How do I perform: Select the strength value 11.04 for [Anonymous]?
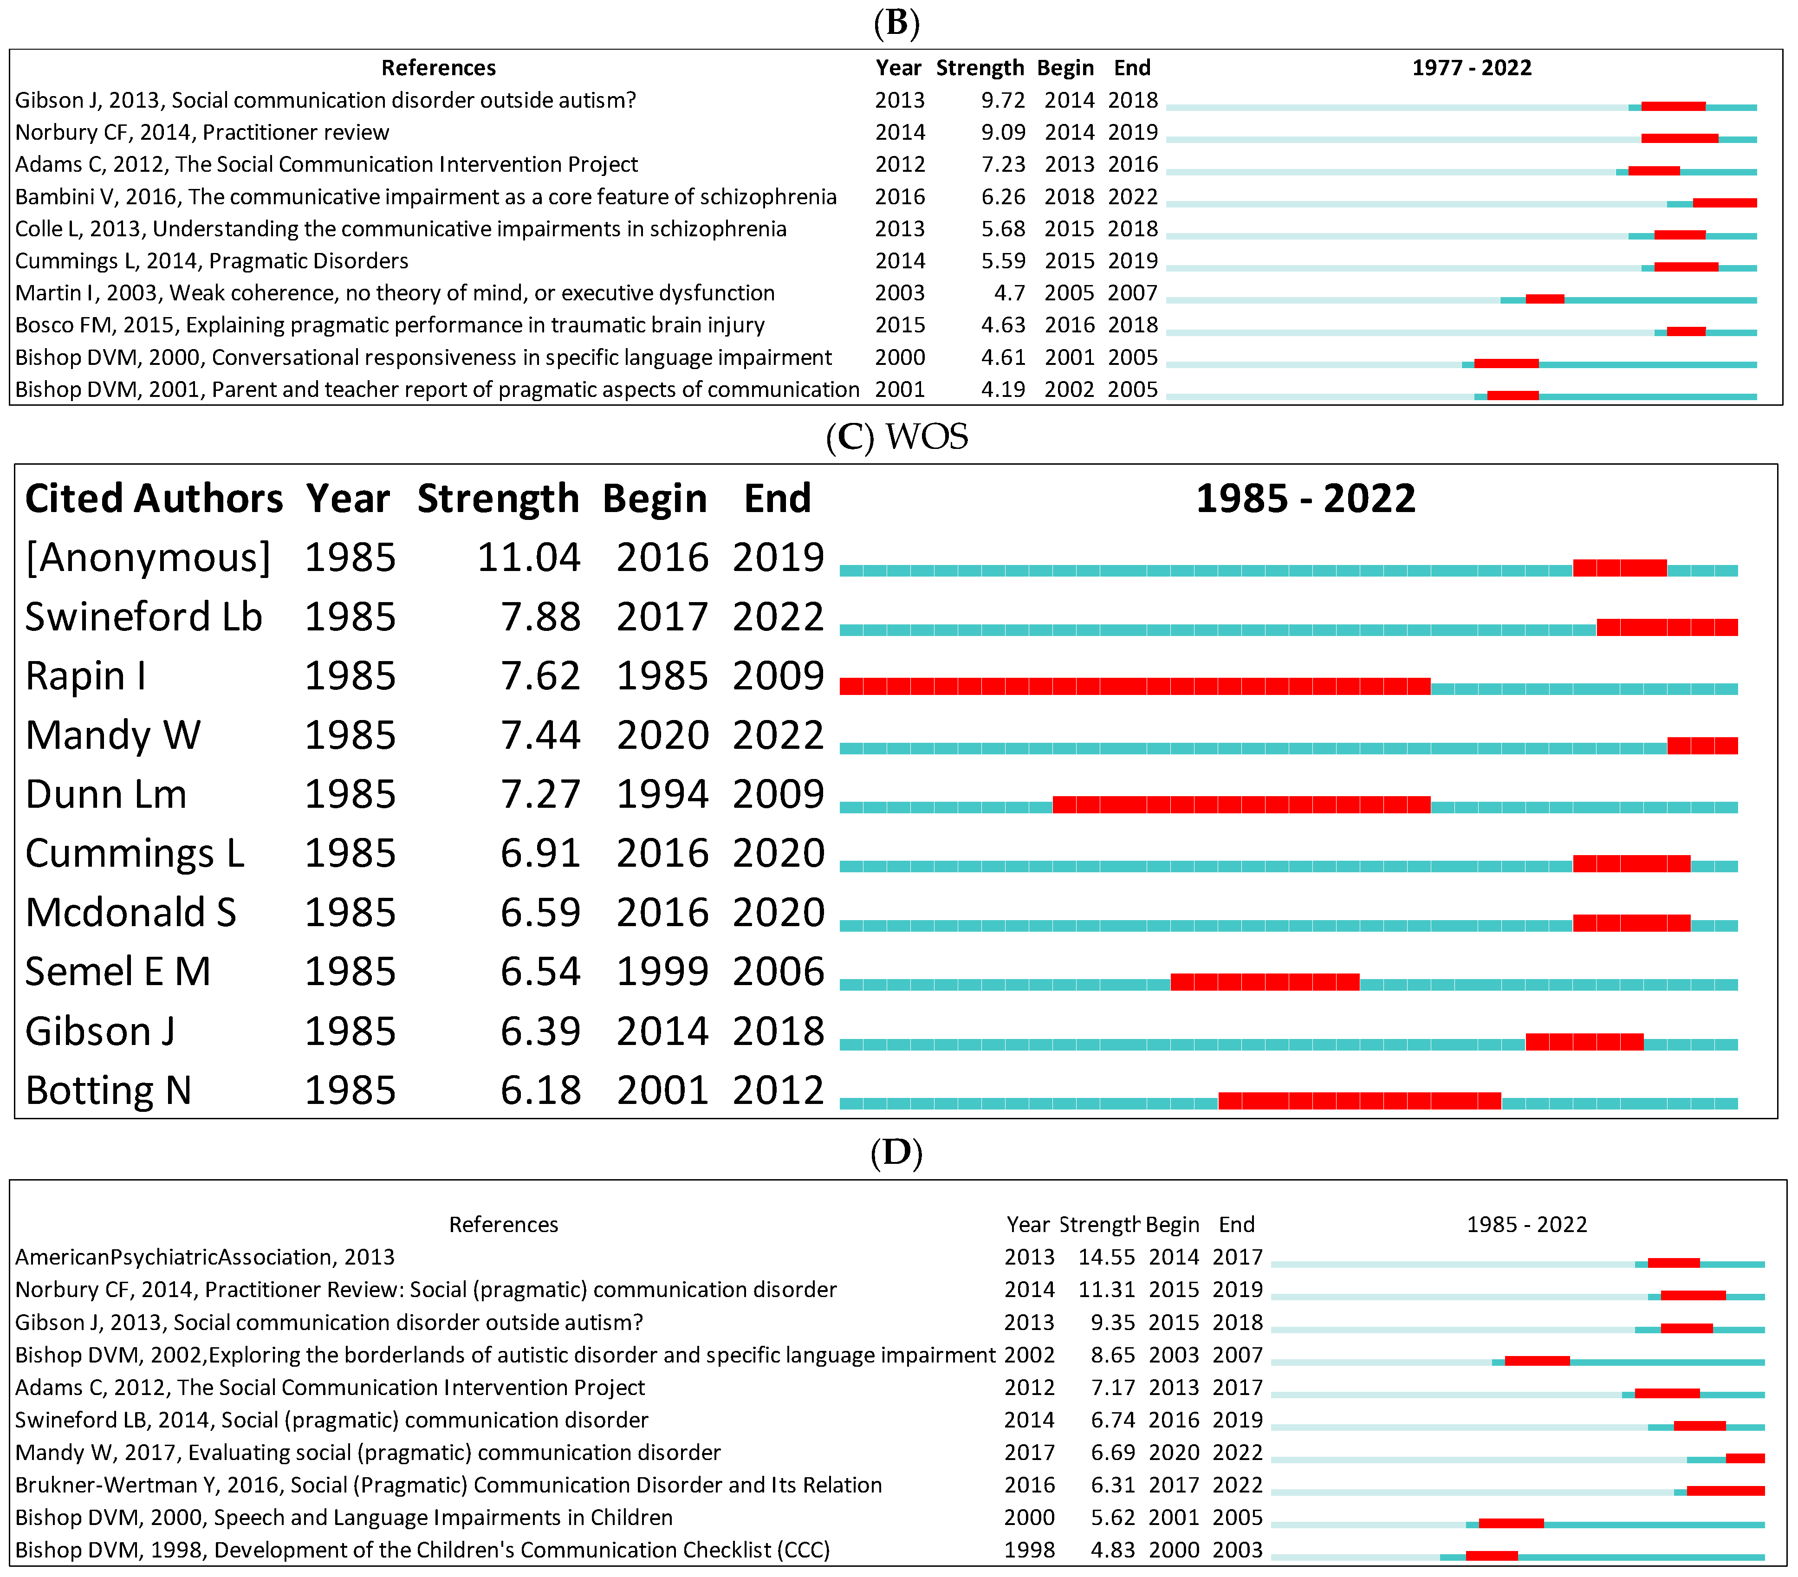(x=529, y=558)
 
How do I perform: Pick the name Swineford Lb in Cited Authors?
(x=143, y=617)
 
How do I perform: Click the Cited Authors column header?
(x=154, y=499)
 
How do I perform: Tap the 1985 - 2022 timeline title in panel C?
(x=1305, y=499)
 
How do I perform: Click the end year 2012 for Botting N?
(x=779, y=1090)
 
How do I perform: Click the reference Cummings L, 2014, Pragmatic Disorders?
(x=212, y=261)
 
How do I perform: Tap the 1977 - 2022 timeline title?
(x=1472, y=68)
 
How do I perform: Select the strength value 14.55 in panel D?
(x=1107, y=1257)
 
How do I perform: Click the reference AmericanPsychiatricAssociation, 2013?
(x=205, y=1257)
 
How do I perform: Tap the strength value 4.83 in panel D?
(x=1113, y=1550)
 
